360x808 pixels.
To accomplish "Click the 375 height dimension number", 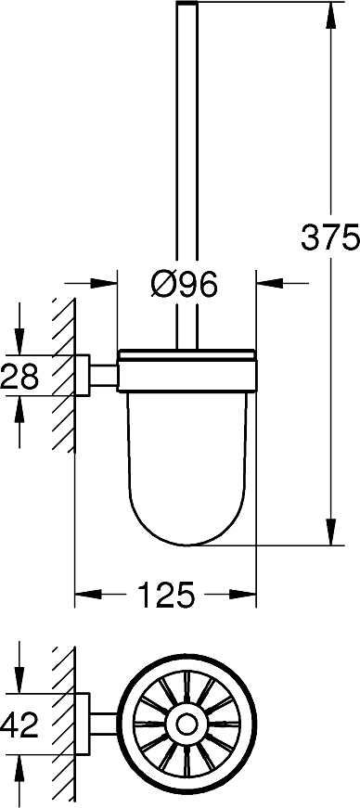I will click(x=329, y=238).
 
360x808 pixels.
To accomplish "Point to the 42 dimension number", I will click(x=19, y=725).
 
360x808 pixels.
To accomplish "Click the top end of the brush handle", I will click(x=186, y=7).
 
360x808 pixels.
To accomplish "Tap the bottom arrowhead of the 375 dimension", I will click(x=328, y=536).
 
